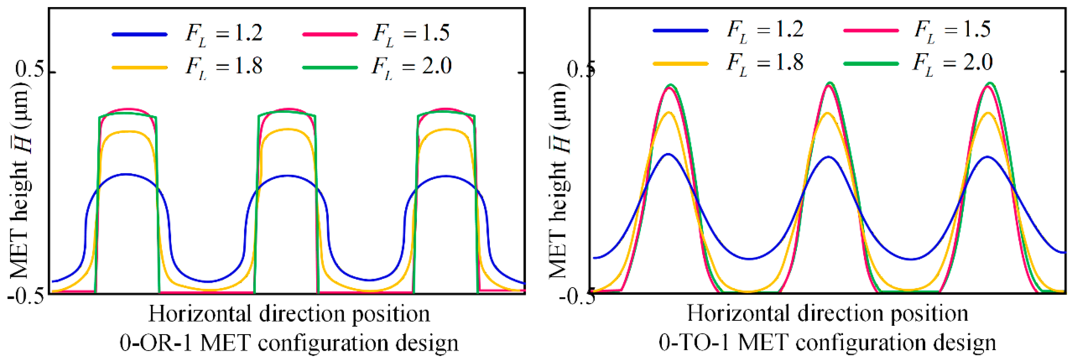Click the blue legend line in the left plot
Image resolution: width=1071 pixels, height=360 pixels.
140,34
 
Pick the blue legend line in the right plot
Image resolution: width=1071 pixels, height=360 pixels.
681,30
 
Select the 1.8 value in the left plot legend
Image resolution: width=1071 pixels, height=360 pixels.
249,66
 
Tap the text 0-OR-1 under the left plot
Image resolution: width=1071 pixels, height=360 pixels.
157,343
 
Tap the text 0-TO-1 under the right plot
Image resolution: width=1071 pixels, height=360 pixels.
694,343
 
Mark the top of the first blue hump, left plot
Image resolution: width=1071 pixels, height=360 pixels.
126,174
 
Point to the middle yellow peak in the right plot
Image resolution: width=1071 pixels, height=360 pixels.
828,113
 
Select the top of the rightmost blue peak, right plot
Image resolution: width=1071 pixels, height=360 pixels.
987,157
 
